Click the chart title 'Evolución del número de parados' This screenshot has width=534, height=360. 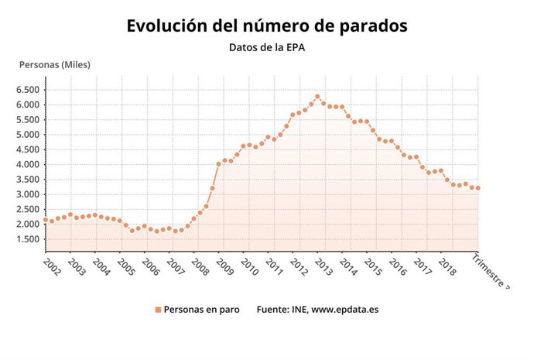267,26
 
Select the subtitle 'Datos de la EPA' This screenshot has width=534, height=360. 266,47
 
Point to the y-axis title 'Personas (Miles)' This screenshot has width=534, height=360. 55,64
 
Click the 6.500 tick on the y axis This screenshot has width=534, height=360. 27,90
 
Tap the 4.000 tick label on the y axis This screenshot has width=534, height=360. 27,164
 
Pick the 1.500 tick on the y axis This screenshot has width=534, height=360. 27,239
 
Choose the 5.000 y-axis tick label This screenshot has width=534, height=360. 27,135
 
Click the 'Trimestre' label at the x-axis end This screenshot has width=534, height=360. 492,270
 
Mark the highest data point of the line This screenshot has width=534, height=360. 317,97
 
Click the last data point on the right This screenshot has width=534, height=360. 478,188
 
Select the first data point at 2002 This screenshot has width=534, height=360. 46,220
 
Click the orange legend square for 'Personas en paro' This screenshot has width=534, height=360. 158,310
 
